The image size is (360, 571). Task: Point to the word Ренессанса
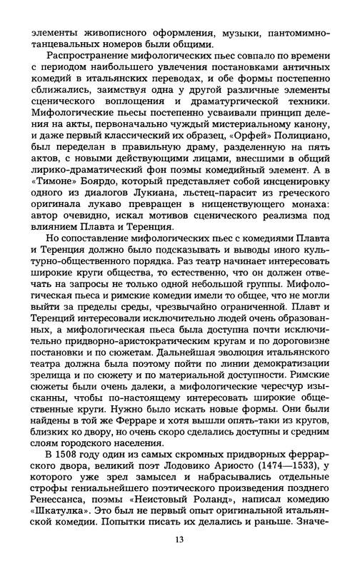coord(59,515)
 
